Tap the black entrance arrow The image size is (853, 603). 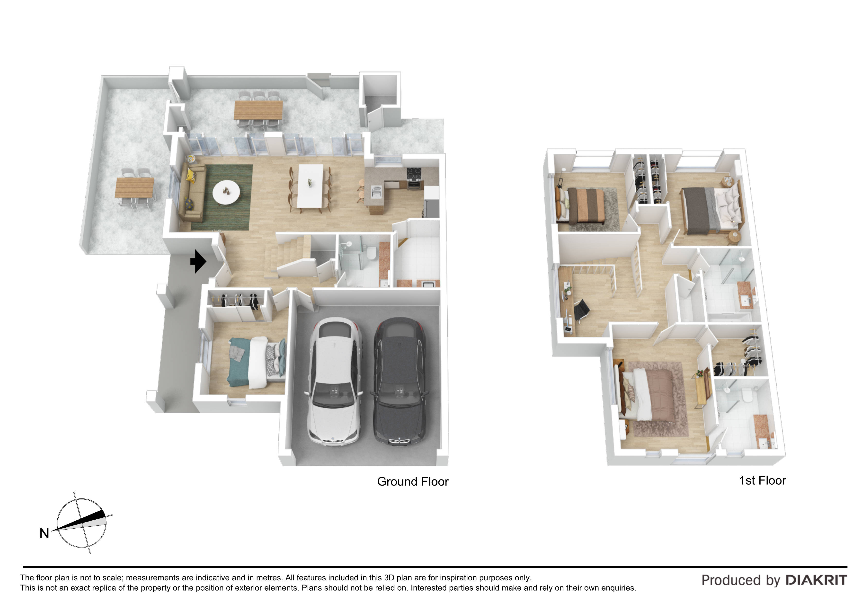[x=198, y=261]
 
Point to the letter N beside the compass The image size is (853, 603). [x=44, y=533]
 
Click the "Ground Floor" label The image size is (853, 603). [x=413, y=481]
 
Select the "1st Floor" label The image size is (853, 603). [x=762, y=480]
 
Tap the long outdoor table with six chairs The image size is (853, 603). [x=258, y=110]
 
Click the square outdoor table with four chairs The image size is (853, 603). [x=134, y=187]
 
